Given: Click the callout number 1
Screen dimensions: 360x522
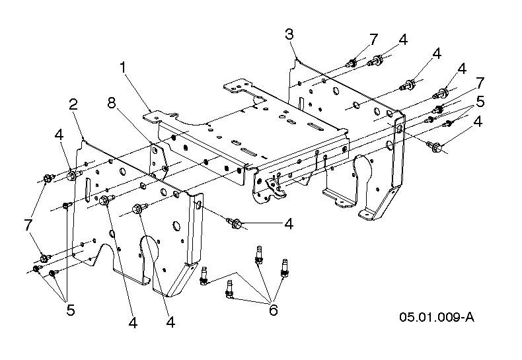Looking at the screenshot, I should pyautogui.click(x=122, y=67).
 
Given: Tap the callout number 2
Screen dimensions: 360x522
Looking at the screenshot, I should pyautogui.click(x=73, y=104).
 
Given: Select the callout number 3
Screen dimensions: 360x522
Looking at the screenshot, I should pyautogui.click(x=289, y=34).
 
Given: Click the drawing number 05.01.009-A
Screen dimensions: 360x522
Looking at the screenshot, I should pyautogui.click(x=437, y=316).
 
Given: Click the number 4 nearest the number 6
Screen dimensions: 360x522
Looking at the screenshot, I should pyautogui.click(x=289, y=224).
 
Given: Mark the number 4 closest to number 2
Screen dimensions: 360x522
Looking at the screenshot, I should pyautogui.click(x=59, y=134).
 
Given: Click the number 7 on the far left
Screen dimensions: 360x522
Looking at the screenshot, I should pyautogui.click(x=28, y=225).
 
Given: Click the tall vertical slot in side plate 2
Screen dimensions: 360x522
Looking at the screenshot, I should pyautogui.click(x=85, y=192).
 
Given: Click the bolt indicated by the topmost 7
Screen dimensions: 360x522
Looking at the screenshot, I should pyautogui.click(x=352, y=63).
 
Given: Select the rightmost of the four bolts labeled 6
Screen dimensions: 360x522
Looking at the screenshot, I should pyautogui.click(x=285, y=267).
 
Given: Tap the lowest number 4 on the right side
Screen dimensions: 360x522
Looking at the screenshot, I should pyautogui.click(x=477, y=122).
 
